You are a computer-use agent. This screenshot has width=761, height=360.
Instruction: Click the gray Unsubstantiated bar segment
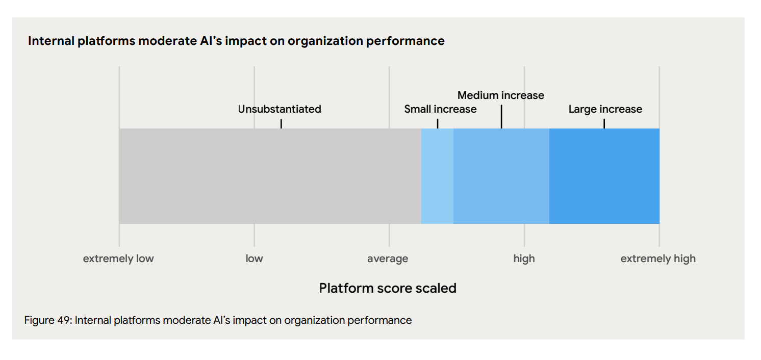tap(270, 176)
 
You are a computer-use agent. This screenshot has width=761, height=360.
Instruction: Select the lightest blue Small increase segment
tap(437, 176)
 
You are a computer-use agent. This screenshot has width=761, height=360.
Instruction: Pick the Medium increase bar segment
tap(501, 176)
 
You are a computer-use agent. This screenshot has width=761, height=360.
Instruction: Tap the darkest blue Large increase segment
tap(604, 176)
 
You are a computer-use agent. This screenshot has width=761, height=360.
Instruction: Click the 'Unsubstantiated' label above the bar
tap(280, 109)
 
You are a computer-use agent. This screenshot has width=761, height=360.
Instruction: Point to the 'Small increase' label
tap(440, 109)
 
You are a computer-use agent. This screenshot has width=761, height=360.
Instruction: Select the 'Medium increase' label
tap(500, 95)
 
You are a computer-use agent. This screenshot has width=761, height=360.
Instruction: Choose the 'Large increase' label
tap(605, 109)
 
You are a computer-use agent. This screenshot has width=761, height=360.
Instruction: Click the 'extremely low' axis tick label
tap(118, 259)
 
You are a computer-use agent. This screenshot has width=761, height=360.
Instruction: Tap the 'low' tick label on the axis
tap(254, 259)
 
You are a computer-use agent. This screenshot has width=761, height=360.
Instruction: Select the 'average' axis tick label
tap(388, 259)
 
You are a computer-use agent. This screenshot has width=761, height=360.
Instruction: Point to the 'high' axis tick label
tap(524, 259)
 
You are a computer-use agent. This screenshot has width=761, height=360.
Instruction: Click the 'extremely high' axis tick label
tap(657, 259)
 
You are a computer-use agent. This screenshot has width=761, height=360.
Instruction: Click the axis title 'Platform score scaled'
tap(388, 288)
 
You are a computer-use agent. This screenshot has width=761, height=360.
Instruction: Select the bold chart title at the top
tap(236, 41)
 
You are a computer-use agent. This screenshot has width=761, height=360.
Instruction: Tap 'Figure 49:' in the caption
tap(48, 320)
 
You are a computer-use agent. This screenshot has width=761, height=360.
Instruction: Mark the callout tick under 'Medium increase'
tap(501, 117)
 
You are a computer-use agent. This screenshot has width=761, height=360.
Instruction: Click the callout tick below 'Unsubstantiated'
tap(281, 123)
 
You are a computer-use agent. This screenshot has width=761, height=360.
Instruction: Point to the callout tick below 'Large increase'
tap(604, 123)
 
